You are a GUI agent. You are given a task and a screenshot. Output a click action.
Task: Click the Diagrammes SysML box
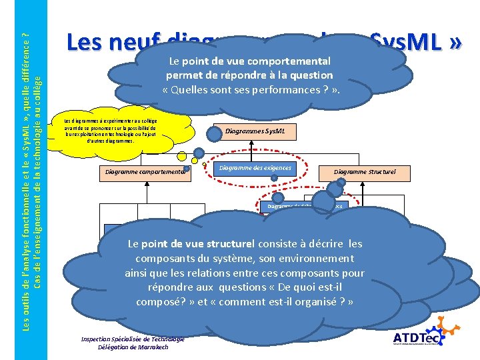255,131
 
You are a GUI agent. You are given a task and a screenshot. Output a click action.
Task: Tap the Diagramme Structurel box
365,171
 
